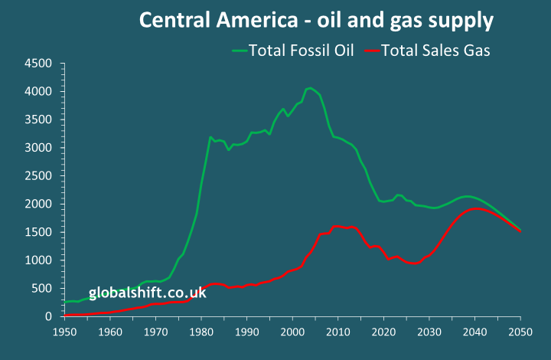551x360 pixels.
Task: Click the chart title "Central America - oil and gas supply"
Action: pyautogui.click(x=316, y=21)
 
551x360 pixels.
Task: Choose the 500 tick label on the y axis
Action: pyautogui.click(x=43, y=289)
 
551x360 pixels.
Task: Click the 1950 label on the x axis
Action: pyautogui.click(x=65, y=332)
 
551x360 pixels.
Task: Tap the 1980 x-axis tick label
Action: pyautogui.click(x=201, y=332)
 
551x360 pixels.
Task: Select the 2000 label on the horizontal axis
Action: pyautogui.click(x=292, y=332)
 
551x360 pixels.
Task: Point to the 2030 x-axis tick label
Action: pyautogui.click(x=429, y=332)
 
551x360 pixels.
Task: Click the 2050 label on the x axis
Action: pyautogui.click(x=520, y=332)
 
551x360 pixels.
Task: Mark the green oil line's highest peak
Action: pyautogui.click(x=309, y=88)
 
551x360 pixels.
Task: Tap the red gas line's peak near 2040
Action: pyautogui.click(x=475, y=208)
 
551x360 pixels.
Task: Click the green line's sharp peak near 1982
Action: pyautogui.click(x=210, y=138)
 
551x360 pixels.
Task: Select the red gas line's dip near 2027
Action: pyautogui.click(x=414, y=263)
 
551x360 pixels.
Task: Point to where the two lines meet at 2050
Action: pyautogui.click(x=520, y=231)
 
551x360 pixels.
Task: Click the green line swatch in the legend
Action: pyautogui.click(x=240, y=51)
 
